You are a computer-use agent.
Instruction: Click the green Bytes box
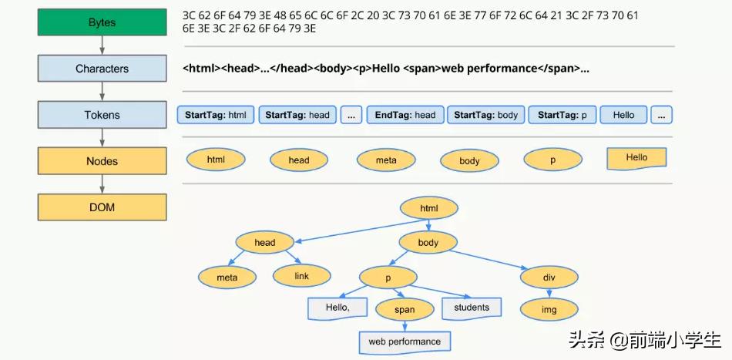click(102, 22)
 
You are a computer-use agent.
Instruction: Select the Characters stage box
click(102, 69)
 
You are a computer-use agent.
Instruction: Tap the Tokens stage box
click(102, 115)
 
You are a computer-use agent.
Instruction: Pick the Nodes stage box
click(102, 161)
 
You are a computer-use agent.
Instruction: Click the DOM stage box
click(102, 207)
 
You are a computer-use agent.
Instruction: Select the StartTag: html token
click(216, 115)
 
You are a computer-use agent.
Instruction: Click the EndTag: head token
click(405, 115)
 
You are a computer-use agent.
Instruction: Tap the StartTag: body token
click(485, 115)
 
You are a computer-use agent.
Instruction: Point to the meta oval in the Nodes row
click(386, 160)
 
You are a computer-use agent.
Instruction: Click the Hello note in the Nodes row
click(636, 158)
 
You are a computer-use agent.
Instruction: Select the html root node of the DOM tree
click(428, 208)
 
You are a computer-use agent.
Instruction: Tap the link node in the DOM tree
click(301, 276)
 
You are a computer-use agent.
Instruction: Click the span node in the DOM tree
click(404, 310)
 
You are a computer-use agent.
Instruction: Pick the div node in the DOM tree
click(549, 277)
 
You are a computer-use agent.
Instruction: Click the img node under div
click(549, 310)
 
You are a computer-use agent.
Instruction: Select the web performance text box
click(405, 341)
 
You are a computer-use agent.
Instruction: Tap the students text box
click(472, 308)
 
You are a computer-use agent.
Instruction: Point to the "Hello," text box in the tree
click(337, 308)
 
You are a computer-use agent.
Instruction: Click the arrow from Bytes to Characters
click(102, 45)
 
